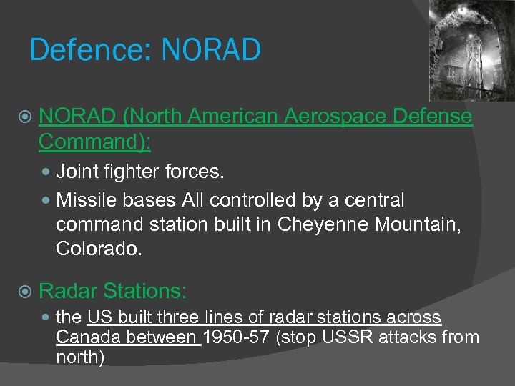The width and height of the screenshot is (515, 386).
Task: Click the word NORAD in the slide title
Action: (212, 51)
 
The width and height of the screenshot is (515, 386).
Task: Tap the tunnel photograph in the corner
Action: (471, 50)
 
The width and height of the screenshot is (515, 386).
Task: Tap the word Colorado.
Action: (99, 249)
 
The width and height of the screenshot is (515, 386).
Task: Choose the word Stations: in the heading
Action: (145, 290)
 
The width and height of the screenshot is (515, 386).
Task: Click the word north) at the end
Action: (79, 357)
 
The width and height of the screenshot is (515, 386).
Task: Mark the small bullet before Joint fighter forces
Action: (47, 172)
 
